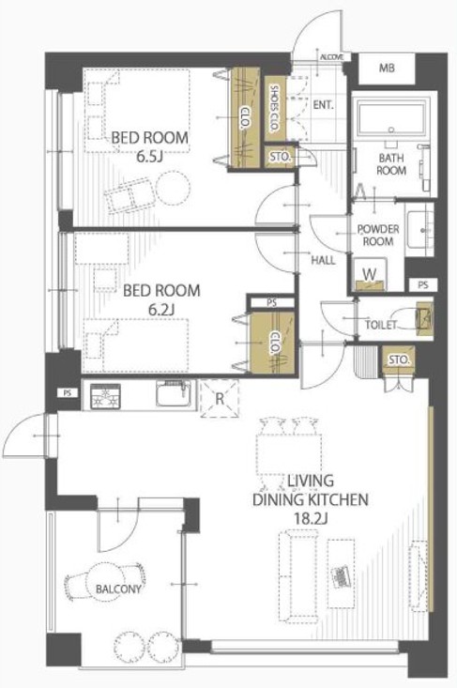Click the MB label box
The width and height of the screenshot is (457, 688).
(x=387, y=68)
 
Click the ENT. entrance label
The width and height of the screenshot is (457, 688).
(x=324, y=105)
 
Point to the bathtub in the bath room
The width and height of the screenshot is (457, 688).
(x=390, y=116)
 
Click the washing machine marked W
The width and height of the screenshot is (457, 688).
(x=371, y=274)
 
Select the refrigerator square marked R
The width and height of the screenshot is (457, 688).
(x=220, y=398)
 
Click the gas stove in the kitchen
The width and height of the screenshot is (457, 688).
(x=105, y=396)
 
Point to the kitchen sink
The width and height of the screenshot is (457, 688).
(x=174, y=393)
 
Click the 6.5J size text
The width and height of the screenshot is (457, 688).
(x=149, y=157)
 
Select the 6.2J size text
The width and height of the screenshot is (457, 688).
(x=161, y=310)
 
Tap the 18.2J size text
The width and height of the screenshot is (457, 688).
(x=310, y=519)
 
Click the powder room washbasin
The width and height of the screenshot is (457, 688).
(x=419, y=229)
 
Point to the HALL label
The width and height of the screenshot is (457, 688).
(x=323, y=260)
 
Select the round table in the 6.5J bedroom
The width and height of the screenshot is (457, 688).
(x=175, y=188)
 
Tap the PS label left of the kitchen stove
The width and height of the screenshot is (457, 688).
(x=68, y=393)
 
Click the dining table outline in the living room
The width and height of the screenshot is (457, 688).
(x=289, y=453)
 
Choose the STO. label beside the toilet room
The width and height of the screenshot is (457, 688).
(x=398, y=360)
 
